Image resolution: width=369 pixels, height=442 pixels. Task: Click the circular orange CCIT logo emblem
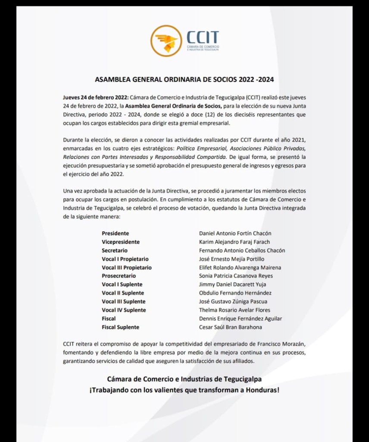[x=166, y=41]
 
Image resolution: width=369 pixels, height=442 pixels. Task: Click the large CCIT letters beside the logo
[x=203, y=37]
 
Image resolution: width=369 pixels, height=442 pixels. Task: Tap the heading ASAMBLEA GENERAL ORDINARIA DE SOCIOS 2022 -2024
[x=184, y=80]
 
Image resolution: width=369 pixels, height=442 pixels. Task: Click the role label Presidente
[x=115, y=234]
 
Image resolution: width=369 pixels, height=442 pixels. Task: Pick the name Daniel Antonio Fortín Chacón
[x=235, y=234]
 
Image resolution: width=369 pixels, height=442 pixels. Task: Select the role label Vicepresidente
[x=121, y=242]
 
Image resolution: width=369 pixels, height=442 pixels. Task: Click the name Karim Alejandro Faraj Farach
[x=235, y=242]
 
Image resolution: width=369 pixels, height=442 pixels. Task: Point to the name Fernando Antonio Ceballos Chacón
[x=242, y=250]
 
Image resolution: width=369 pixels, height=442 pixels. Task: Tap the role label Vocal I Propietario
[x=125, y=259]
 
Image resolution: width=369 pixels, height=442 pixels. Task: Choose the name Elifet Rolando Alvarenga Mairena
[x=240, y=268]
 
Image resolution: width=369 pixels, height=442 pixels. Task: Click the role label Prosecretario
[x=119, y=276]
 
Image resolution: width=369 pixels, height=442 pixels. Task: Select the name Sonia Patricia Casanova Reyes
[x=236, y=276]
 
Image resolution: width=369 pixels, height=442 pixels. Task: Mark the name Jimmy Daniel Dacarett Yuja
[x=232, y=284]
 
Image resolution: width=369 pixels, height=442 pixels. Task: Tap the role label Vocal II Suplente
[x=123, y=293]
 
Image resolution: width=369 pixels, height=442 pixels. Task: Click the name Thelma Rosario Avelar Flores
[x=235, y=310]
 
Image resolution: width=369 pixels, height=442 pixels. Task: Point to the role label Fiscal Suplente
[x=120, y=327]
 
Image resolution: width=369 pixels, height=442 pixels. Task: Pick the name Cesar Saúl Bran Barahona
[x=231, y=327]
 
